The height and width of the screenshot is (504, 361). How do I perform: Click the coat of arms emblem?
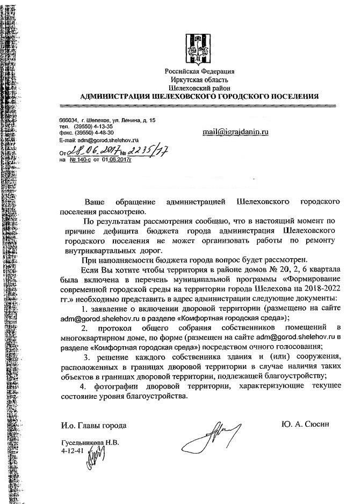coord(199,50)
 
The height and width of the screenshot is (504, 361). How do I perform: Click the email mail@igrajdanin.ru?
coord(235,131)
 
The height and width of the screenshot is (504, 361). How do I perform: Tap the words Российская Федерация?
coord(199,72)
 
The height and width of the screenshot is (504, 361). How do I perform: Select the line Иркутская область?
coord(199,79)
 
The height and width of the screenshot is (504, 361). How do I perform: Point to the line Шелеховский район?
coord(199,87)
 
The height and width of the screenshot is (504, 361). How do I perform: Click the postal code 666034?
coord(69,120)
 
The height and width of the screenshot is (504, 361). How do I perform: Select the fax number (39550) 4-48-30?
coord(94,133)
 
